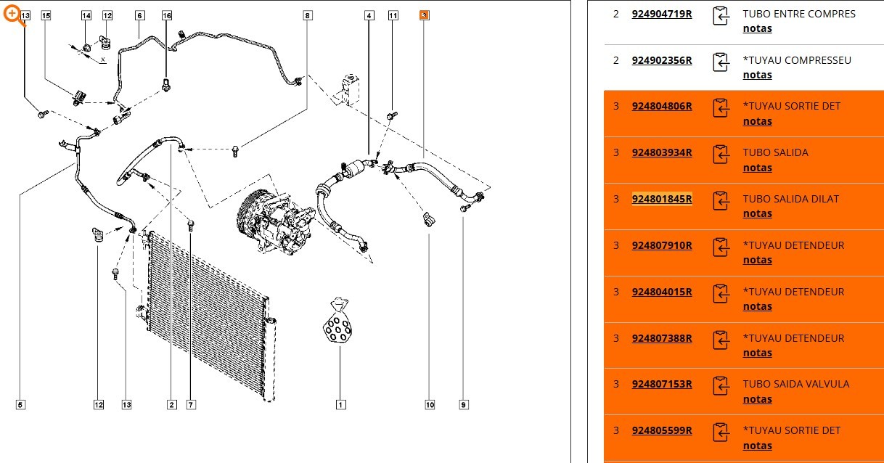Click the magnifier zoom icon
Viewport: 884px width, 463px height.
(13, 15)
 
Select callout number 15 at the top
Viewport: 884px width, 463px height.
(46, 15)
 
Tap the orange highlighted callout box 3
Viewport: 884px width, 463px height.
(425, 15)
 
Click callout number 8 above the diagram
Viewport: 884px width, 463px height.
(308, 15)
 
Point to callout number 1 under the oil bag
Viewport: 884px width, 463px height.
(341, 405)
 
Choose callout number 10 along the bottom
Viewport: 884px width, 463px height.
(430, 405)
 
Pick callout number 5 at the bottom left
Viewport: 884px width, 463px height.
(20, 405)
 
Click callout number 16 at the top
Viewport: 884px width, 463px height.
(167, 15)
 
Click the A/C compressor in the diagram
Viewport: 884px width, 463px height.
(276, 222)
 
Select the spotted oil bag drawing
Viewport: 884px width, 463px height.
(337, 321)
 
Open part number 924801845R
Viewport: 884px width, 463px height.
(662, 199)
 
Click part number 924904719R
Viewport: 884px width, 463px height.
(662, 14)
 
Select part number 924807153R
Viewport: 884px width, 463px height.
(662, 384)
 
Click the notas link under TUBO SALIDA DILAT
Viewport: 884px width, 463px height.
(757, 213)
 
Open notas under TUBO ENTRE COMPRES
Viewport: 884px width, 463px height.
(757, 28)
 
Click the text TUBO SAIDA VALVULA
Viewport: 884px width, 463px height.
(796, 384)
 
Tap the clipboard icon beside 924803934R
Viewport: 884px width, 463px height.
(721, 155)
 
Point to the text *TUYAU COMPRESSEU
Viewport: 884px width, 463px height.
(797, 60)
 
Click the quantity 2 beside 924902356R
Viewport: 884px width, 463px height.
(616, 60)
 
